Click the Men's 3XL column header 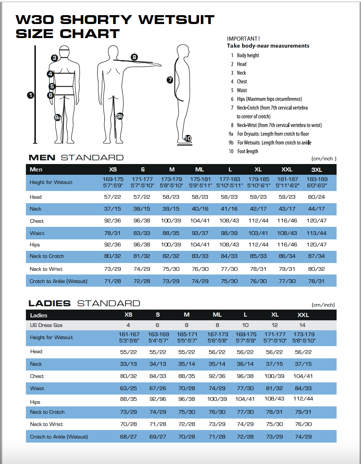click(x=317, y=170)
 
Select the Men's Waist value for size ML click(x=200, y=233)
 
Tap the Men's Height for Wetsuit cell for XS click(x=113, y=182)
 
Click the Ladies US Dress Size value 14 click(x=303, y=325)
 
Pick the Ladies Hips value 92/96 click(x=158, y=399)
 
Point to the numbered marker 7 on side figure click(x=170, y=79)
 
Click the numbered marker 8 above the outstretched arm click(x=134, y=57)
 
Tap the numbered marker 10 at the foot click(x=188, y=139)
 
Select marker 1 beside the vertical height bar click(x=30, y=95)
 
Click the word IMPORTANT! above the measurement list click(x=243, y=38)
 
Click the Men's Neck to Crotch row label click(x=47, y=256)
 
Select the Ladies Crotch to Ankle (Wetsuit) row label click(x=59, y=437)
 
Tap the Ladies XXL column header click(x=303, y=315)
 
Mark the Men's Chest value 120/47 click(x=317, y=221)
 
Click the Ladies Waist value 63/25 click(x=128, y=388)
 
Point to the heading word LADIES click(x=50, y=303)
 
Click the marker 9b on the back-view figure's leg click(x=120, y=116)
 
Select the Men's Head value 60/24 click(x=317, y=197)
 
